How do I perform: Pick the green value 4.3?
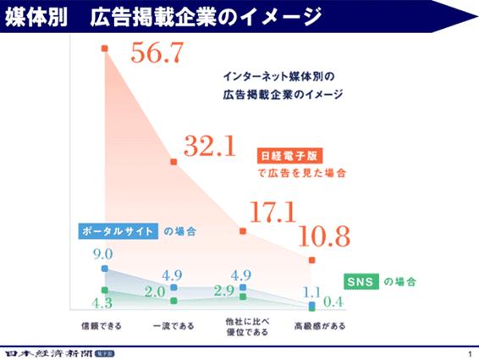pos(102,302)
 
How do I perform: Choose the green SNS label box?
pos(361,281)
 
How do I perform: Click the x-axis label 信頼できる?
pos(104,325)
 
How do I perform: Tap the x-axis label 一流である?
pos(173,325)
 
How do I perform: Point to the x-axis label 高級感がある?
pos(313,325)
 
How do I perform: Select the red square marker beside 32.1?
pos(173,161)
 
